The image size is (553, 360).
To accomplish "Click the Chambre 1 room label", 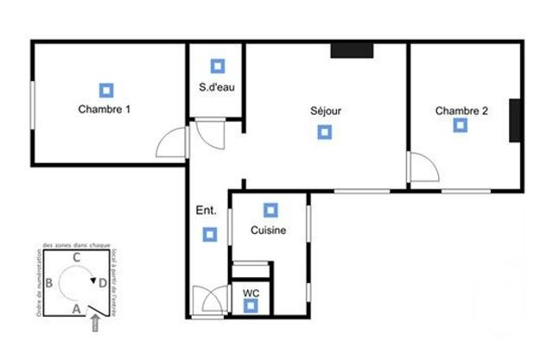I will tap(105, 110).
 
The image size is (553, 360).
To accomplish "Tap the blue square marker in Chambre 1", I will tap(105, 89).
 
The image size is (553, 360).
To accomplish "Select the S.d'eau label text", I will tap(217, 86).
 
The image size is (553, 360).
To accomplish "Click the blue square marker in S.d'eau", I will tap(217, 66).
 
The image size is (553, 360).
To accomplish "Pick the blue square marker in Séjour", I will tap(324, 132).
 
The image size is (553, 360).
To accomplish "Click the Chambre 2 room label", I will tap(461, 111).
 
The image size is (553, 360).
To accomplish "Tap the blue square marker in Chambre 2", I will tap(460, 126).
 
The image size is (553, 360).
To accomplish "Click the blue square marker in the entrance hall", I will tap(208, 233).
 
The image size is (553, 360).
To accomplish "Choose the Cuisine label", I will tap(269, 231).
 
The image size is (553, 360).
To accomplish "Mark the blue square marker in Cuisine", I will tap(270, 210).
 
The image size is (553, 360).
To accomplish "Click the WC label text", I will tap(251, 293).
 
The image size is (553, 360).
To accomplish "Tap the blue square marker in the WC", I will tap(251, 306).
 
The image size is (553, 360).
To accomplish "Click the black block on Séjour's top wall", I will tap(351, 50).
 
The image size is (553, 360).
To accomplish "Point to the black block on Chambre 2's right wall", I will tap(515, 120).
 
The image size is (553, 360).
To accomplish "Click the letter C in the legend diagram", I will tap(77, 256).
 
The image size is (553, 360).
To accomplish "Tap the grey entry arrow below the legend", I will tap(94, 322).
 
